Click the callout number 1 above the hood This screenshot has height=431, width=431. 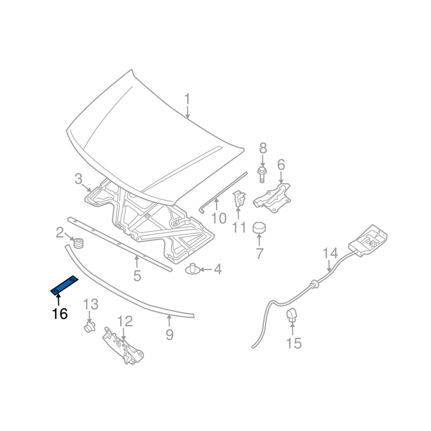click(x=187, y=100)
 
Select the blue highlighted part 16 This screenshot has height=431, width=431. click(x=64, y=285)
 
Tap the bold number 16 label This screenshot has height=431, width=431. click(x=60, y=314)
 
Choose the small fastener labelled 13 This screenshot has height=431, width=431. click(x=88, y=326)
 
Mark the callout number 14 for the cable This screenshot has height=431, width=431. click(x=330, y=254)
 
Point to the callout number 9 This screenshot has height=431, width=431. click(x=170, y=335)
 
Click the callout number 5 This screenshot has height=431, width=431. click(x=137, y=276)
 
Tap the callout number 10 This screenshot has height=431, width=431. click(x=219, y=218)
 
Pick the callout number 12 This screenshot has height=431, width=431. click(x=124, y=322)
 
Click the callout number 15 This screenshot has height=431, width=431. click(x=294, y=343)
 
